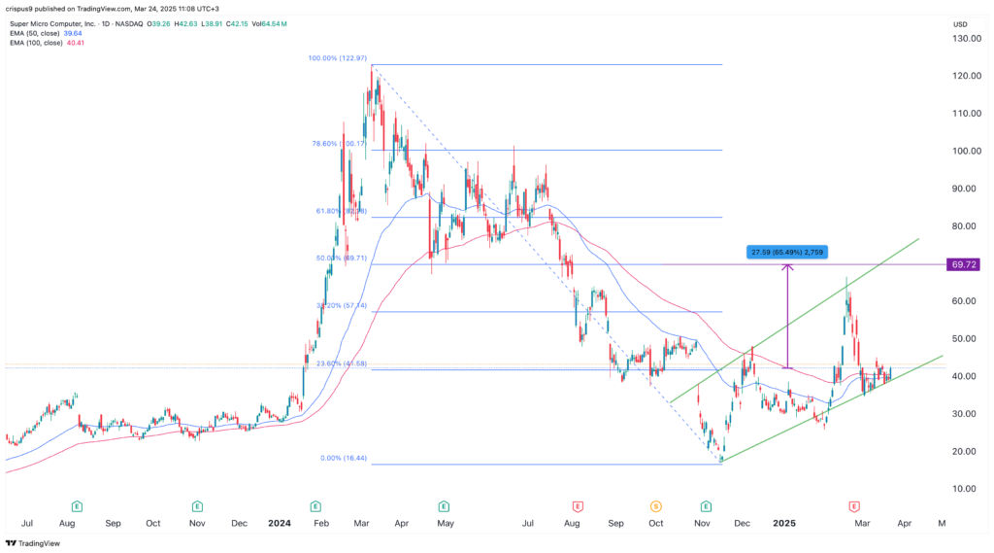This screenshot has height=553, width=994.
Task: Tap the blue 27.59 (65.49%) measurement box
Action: click(788, 252)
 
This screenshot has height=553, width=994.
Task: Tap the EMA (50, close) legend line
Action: click(43, 33)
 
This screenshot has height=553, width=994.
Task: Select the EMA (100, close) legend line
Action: click(45, 43)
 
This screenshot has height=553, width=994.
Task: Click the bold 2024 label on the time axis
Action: click(280, 522)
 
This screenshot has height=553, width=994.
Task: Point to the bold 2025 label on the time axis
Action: click(783, 522)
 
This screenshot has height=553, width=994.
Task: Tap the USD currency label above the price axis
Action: click(961, 23)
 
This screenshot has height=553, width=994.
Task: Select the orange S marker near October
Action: click(656, 506)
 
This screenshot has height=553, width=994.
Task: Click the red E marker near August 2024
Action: click(577, 506)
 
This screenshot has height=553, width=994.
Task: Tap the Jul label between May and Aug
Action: click(528, 522)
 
